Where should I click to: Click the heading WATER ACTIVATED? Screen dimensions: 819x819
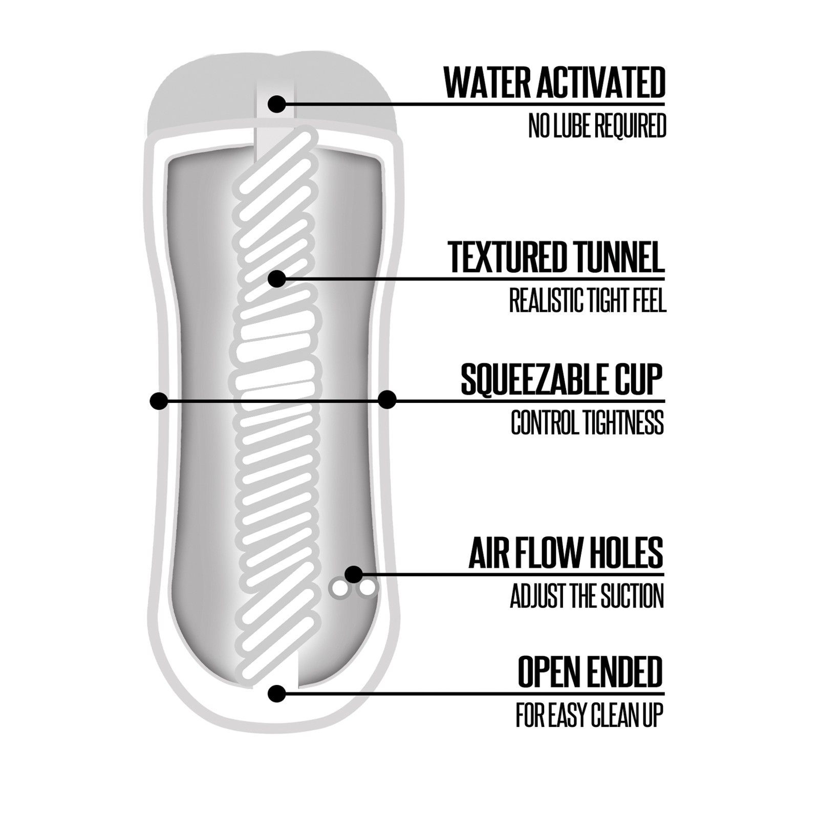[554, 83]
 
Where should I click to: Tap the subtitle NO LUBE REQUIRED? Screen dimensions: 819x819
[597, 126]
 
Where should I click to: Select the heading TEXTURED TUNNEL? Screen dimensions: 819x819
[556, 257]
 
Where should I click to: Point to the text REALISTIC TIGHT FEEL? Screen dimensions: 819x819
[588, 300]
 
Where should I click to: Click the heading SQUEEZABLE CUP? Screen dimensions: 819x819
[562, 379]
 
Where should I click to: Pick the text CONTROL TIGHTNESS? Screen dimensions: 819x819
[588, 423]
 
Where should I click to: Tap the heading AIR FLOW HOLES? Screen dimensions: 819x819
[566, 553]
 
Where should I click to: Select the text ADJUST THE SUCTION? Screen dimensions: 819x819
[587, 596]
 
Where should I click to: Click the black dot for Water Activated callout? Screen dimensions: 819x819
[277, 104]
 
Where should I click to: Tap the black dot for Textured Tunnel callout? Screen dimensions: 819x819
[277, 279]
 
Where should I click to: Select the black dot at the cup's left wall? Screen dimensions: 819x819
[159, 400]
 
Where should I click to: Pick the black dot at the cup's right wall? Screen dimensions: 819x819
[387, 400]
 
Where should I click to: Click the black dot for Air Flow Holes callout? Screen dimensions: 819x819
[353, 574]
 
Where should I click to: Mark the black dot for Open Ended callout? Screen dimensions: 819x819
[277, 694]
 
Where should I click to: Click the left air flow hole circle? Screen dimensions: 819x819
[339, 589]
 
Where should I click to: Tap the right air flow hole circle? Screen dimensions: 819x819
[367, 589]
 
